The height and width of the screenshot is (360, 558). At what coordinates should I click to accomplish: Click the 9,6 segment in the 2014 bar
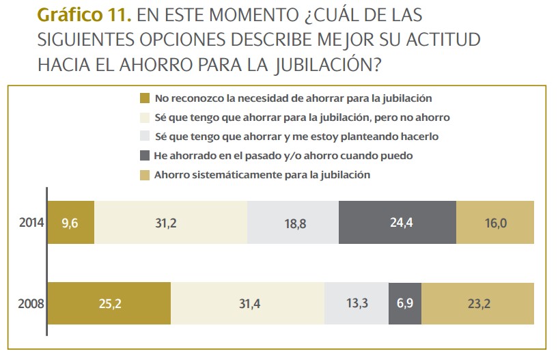pyautogui.click(x=71, y=223)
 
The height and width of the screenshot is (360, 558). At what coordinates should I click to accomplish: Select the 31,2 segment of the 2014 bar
pyautogui.click(x=170, y=223)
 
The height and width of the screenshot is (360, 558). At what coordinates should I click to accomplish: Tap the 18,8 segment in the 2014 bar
pyautogui.click(x=292, y=223)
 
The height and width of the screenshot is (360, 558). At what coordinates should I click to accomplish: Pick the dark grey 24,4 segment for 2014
pyautogui.click(x=397, y=223)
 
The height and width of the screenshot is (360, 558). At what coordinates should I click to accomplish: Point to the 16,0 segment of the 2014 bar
pyautogui.click(x=494, y=223)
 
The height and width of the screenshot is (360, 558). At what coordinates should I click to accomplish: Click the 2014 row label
pyautogui.click(x=31, y=223)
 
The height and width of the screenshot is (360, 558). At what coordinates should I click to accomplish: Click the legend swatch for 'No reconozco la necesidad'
pyautogui.click(x=144, y=98)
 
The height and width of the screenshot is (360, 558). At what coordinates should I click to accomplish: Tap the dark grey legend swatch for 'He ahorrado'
pyautogui.click(x=144, y=156)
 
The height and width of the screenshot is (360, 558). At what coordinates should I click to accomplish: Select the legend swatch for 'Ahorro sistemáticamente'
pyautogui.click(x=144, y=175)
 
